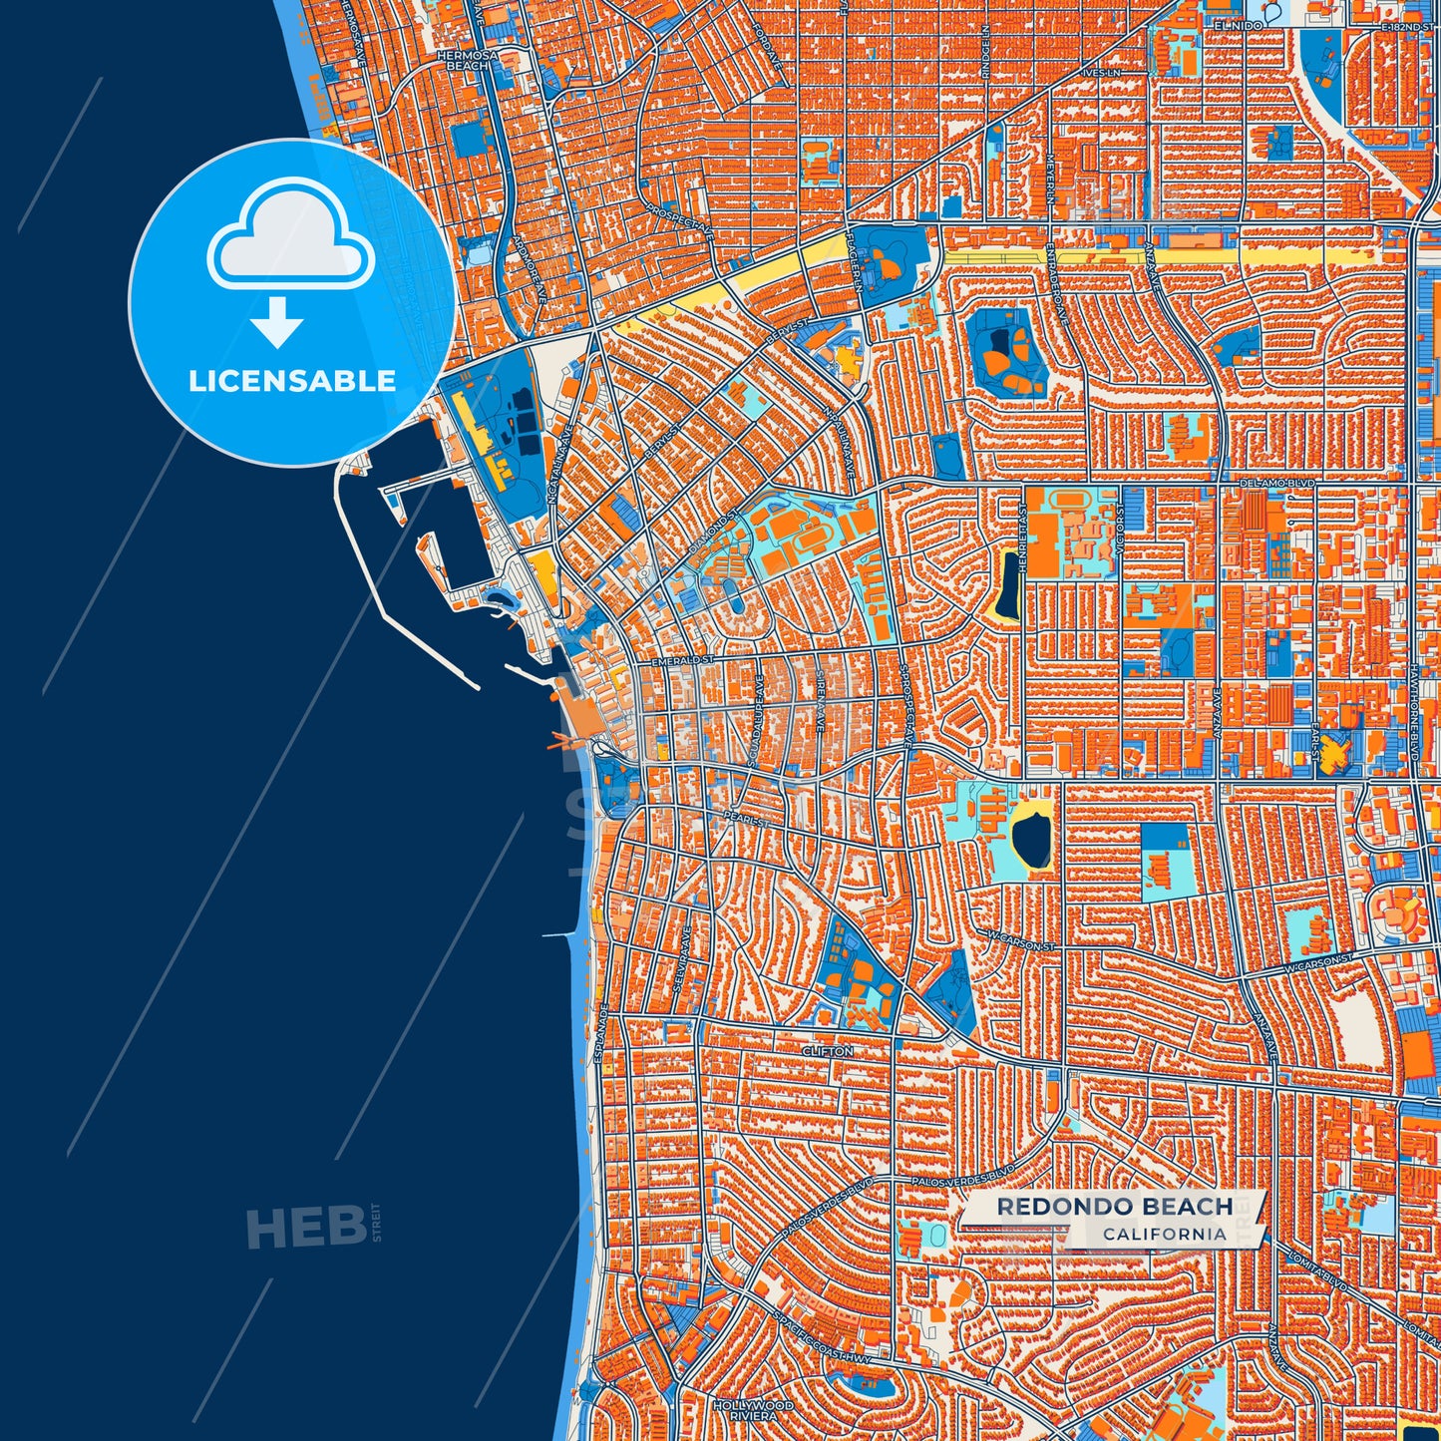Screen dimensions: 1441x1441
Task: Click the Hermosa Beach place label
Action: tap(466, 59)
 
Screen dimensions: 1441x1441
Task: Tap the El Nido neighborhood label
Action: tap(1233, 22)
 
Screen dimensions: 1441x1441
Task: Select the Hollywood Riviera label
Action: tap(754, 1410)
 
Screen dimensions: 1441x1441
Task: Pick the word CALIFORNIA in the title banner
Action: tap(1164, 1234)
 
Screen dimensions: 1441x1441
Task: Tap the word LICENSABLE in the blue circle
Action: tap(292, 381)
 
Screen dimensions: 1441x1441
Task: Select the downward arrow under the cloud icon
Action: tap(277, 321)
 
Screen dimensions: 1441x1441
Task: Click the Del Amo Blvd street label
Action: tap(1277, 483)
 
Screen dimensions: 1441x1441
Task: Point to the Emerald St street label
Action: tap(683, 660)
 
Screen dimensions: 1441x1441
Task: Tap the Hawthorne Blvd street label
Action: tap(1414, 722)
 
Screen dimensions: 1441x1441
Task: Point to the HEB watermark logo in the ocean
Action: tap(305, 1227)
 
